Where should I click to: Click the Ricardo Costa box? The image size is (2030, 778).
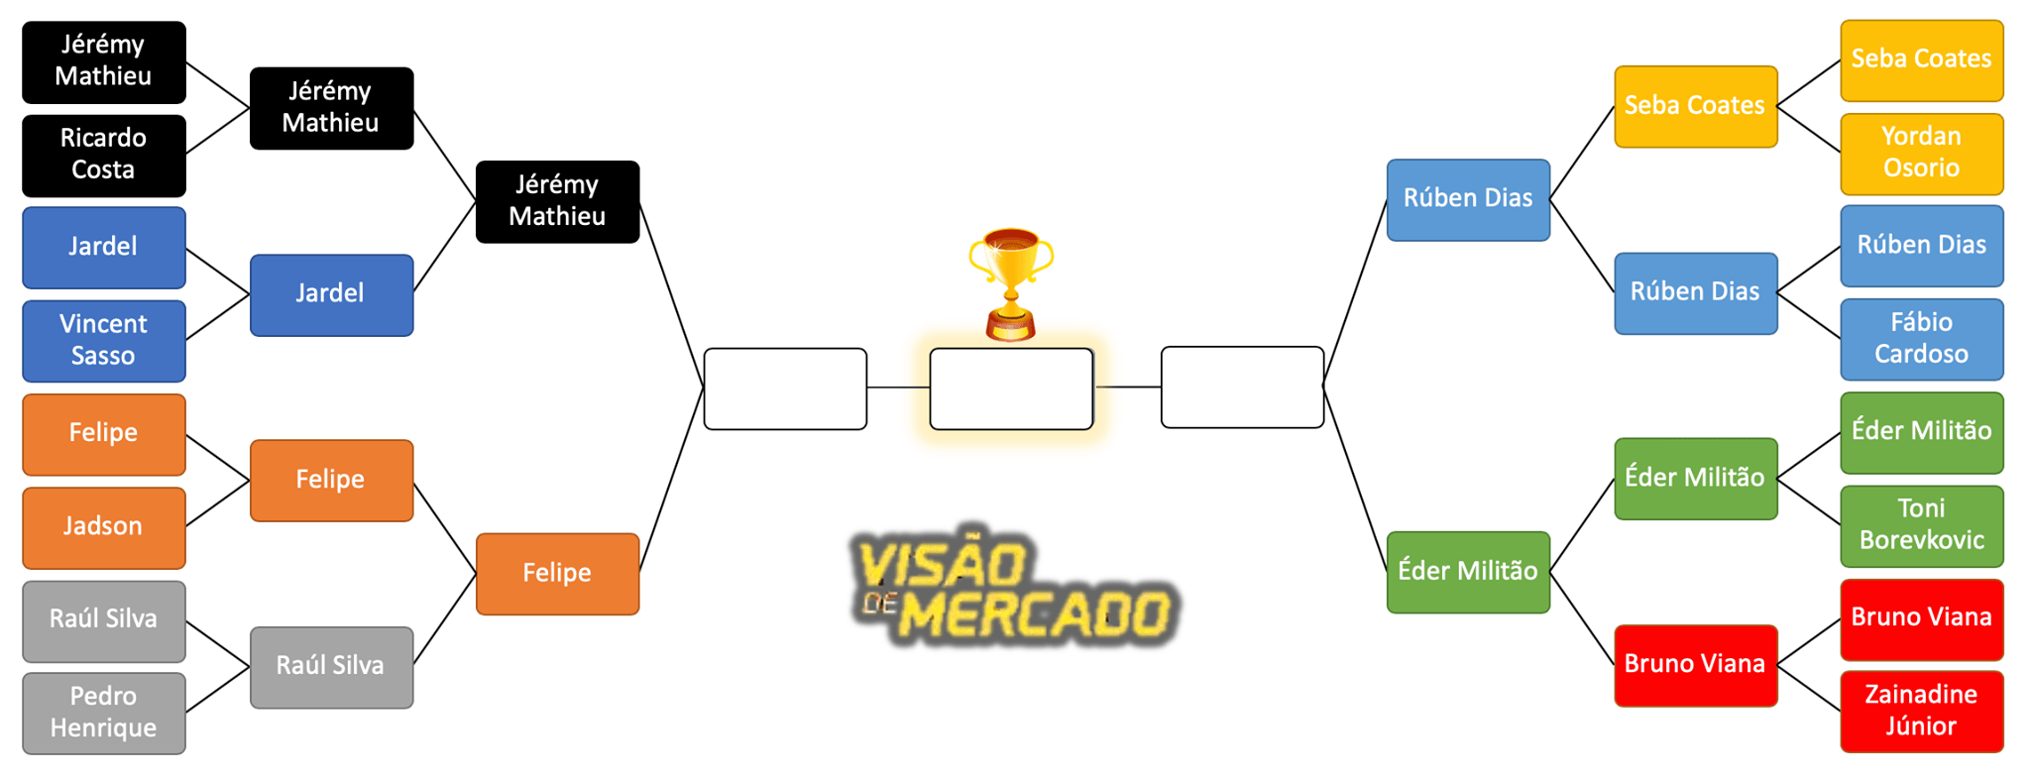point(103,155)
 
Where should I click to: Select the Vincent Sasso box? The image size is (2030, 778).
point(103,340)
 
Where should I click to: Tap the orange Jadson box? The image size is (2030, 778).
point(103,526)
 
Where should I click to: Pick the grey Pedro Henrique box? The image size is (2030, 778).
point(103,713)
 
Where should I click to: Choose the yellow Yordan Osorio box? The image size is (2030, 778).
point(1921,154)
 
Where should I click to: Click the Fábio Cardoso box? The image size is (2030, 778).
point(1921,339)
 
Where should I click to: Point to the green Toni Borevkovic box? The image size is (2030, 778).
point(1921,525)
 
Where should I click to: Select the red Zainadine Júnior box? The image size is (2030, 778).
point(1921,711)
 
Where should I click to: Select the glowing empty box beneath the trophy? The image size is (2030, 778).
point(1011,389)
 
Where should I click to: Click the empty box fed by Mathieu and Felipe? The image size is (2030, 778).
point(785,389)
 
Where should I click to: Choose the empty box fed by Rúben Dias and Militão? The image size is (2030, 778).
point(1242,388)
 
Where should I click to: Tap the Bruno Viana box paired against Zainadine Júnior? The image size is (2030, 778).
point(1921,618)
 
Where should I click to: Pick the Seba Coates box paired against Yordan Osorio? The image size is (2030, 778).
point(1921,59)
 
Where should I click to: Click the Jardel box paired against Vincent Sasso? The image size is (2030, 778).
point(103,247)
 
